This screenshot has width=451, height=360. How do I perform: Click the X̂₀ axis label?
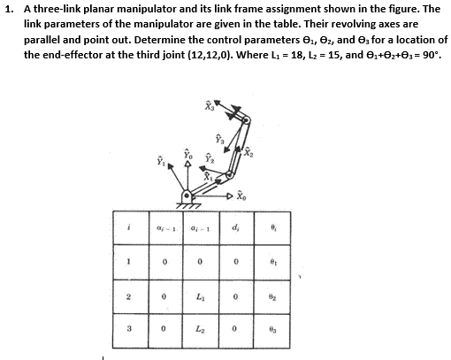[242, 195]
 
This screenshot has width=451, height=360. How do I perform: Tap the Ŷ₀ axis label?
[187, 155]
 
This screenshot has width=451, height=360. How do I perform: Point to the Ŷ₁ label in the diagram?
[161, 160]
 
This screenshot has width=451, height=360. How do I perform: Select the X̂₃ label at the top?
[209, 106]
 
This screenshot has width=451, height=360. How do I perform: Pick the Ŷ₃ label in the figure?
[219, 139]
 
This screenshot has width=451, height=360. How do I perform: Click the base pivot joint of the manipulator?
[187, 195]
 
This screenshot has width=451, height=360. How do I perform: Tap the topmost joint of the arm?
[246, 120]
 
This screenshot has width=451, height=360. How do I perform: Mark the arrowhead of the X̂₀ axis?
[230, 195]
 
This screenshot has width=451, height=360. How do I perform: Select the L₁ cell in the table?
[201, 296]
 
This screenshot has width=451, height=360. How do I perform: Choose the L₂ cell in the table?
[201, 329]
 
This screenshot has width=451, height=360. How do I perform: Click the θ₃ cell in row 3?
[272, 329]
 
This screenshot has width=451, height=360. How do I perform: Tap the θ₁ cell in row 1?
[273, 262]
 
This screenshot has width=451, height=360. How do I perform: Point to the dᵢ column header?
[235, 227]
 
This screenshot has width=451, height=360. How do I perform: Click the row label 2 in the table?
[128, 296]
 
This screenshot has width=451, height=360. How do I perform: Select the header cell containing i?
[128, 227]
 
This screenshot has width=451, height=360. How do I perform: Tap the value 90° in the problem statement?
[430, 55]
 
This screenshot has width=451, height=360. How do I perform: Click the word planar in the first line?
[100, 9]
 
